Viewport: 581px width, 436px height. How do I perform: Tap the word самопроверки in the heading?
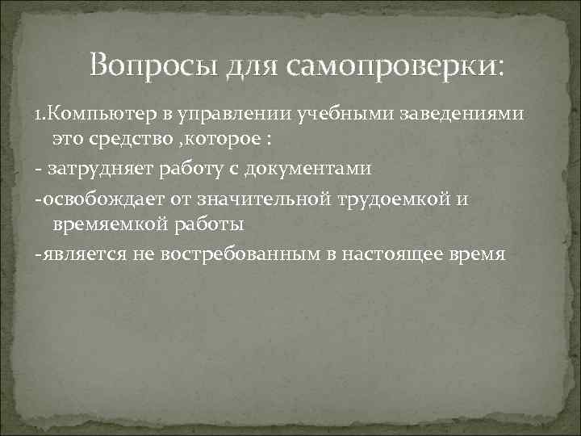(x=398, y=64)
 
